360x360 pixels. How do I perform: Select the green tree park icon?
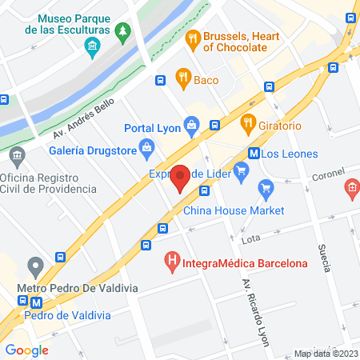122,32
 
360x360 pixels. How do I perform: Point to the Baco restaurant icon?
183,78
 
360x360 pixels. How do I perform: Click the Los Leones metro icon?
253,154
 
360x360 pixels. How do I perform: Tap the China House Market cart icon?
265,190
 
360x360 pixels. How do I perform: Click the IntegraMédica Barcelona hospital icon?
171,261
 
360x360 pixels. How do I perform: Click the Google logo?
26,350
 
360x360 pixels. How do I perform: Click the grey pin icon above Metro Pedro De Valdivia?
35,265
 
